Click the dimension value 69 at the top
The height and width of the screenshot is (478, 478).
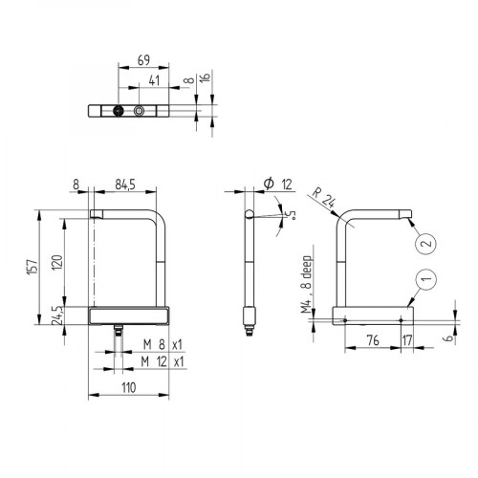pos(144,59)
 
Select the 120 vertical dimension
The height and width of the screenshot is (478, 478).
pos(57,264)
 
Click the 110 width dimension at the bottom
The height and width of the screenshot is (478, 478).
pos(129,387)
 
